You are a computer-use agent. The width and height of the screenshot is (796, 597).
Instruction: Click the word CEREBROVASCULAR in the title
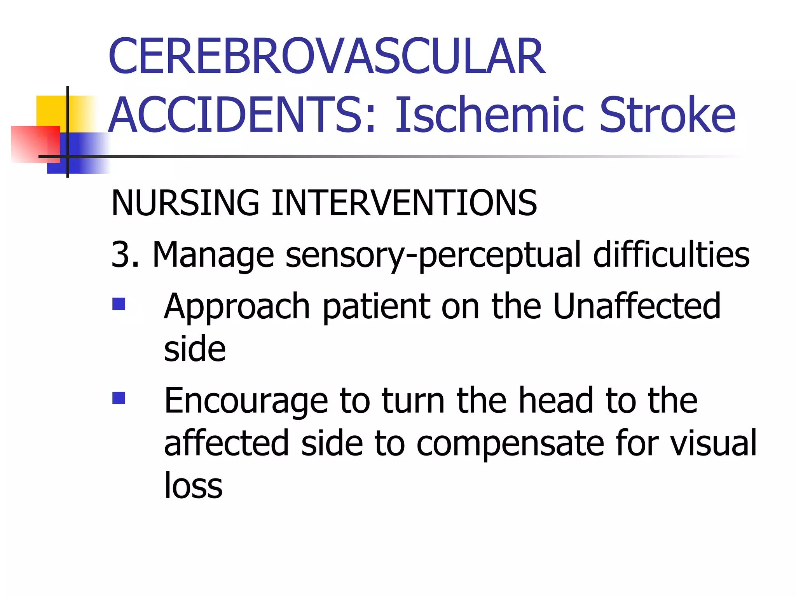click(327, 56)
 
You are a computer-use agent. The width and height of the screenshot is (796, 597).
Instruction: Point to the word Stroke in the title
click(667, 115)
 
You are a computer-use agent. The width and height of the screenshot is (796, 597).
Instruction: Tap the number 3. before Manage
click(125, 255)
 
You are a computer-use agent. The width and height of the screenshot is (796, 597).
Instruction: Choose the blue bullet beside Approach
click(119, 304)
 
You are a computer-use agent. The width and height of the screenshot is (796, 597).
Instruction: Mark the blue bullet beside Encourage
click(119, 398)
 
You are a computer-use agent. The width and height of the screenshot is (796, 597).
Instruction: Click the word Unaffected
click(637, 306)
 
